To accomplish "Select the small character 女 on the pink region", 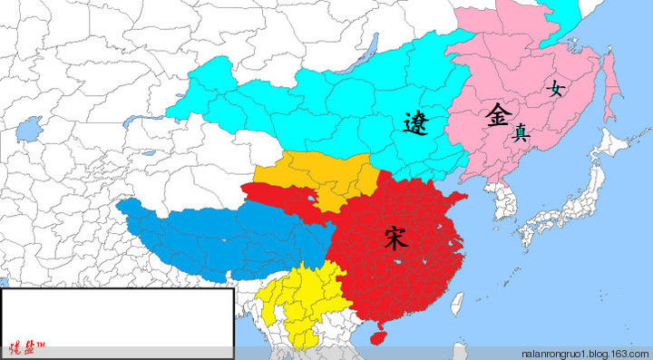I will (x=555, y=88).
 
